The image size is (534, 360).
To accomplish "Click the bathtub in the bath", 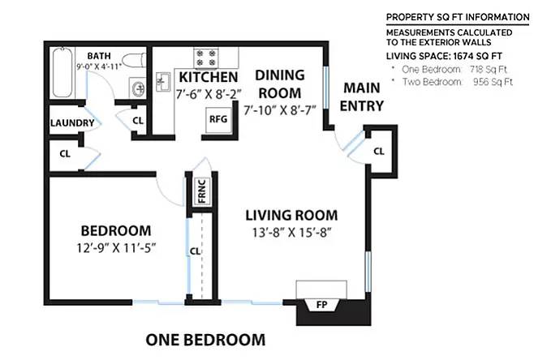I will click(62, 76).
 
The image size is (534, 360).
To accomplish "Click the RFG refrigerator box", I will click(218, 118).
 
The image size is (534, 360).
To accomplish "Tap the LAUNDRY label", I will click(72, 123).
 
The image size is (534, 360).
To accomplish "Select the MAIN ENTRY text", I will click(362, 96).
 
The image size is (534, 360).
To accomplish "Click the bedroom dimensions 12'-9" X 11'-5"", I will click(116, 247).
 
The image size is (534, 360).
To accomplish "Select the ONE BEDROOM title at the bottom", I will click(205, 339).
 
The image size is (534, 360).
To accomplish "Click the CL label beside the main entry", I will click(378, 152).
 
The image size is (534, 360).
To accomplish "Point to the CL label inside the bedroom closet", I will click(195, 251).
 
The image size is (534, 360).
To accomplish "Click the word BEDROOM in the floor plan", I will click(117, 229).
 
